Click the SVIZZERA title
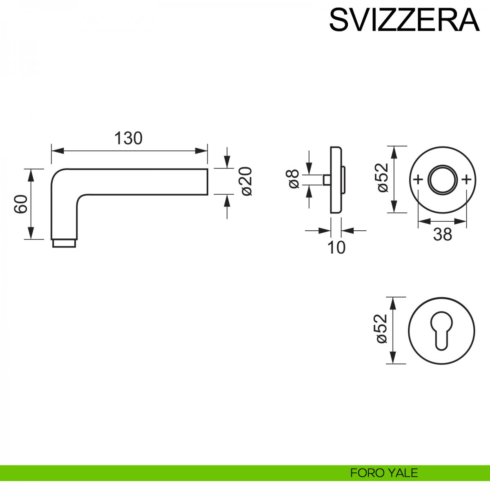pos(404,20)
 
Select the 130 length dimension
pos(128,139)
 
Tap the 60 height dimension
pos(21,204)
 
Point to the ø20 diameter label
pos(247,181)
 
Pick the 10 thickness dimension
pos(336,247)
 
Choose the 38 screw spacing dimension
pos(443,235)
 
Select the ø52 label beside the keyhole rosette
pos(381,329)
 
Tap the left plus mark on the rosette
pos(418,179)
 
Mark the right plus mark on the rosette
pos(467,179)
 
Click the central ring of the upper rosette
pos(442,179)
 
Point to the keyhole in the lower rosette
pos(441,331)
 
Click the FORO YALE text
pos(384,473)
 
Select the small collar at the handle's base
pos(64,243)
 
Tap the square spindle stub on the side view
pos(326,179)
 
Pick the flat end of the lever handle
pos(207,181)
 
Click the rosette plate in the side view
pos(336,180)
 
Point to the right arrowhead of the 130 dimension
pos(202,151)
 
